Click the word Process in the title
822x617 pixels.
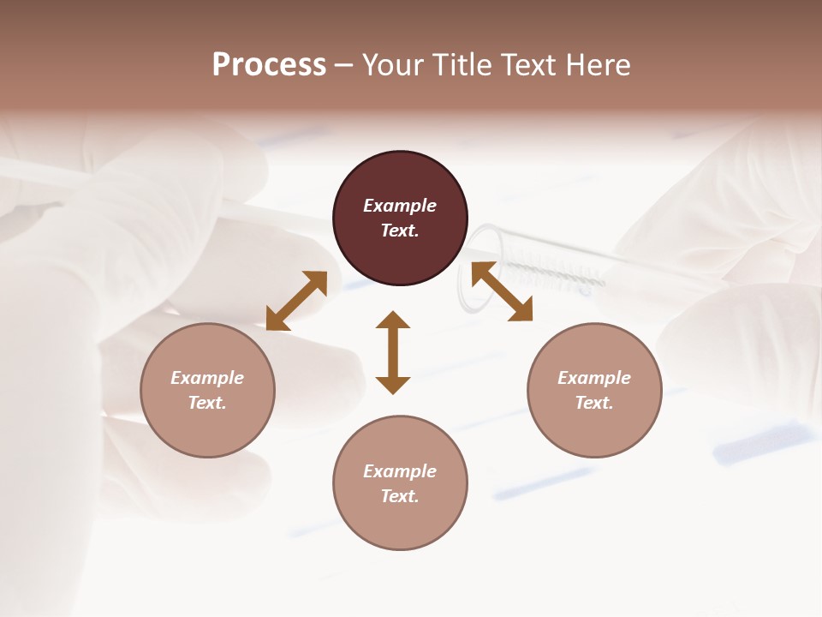[x=269, y=65]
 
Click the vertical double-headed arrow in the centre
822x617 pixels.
[x=393, y=352]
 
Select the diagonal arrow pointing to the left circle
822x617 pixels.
[x=296, y=300]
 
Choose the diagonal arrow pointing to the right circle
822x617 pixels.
[x=502, y=292]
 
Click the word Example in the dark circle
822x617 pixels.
[x=400, y=206]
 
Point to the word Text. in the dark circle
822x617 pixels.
[x=400, y=231]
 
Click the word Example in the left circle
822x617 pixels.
[x=207, y=378]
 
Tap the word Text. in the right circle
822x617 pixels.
[x=594, y=403]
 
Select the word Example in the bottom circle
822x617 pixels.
[x=400, y=471]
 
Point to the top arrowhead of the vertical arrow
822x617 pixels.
[x=393, y=320]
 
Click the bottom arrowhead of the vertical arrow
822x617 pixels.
[x=393, y=385]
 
